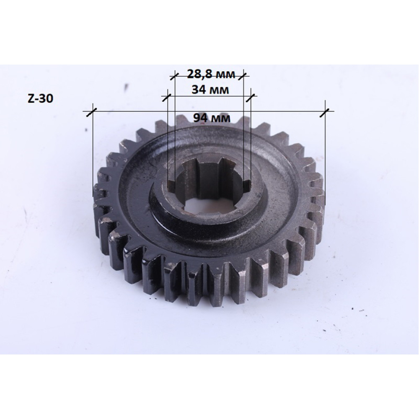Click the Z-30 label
(x=40, y=98)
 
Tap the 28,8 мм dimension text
(x=211, y=74)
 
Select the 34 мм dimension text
(x=210, y=90)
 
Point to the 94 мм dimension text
(x=212, y=118)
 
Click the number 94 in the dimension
(x=200, y=118)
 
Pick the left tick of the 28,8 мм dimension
(x=174, y=76)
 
